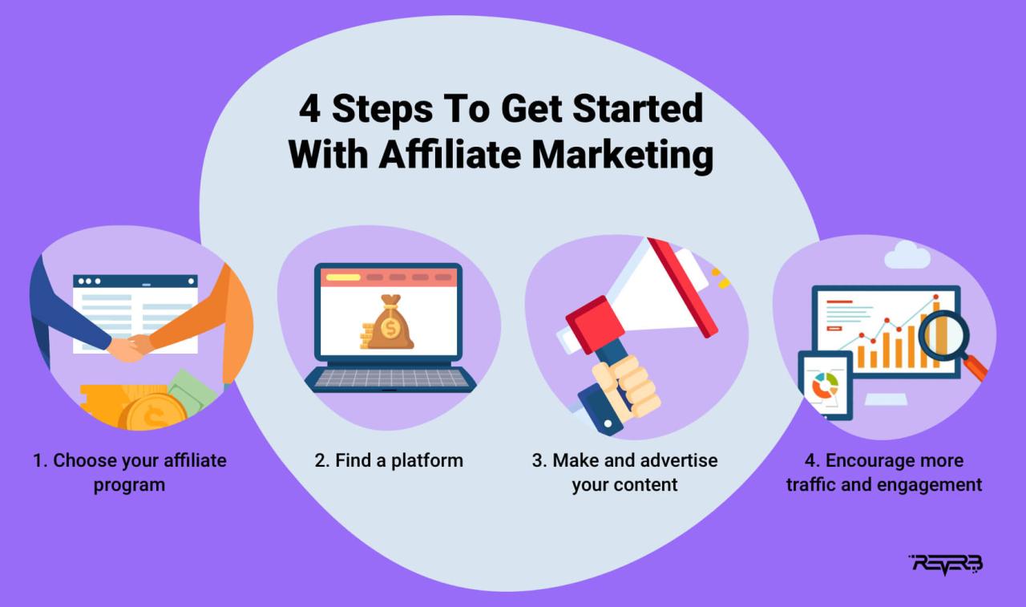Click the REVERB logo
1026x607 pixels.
[x=947, y=564]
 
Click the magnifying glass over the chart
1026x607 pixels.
[x=946, y=337]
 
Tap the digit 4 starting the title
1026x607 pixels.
[x=309, y=108]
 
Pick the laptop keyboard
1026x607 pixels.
[x=390, y=378]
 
